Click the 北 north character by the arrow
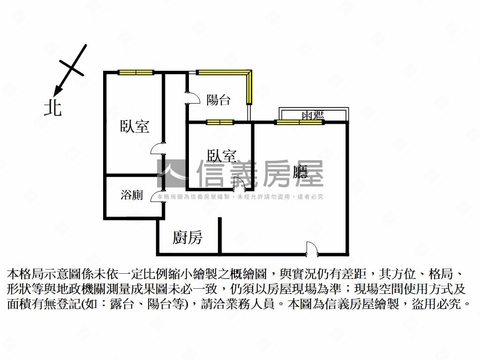pyautogui.click(x=53, y=108)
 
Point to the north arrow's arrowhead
pyautogui.click(x=57, y=90)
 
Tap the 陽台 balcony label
pyautogui.click(x=218, y=100)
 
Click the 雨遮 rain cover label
pyautogui.click(x=313, y=115)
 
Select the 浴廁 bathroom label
pyautogui.click(x=132, y=195)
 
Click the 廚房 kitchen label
pyautogui.click(x=187, y=237)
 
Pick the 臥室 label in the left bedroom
pyautogui.click(x=135, y=126)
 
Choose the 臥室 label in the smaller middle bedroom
pyautogui.click(x=222, y=156)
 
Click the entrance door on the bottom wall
pyautogui.click(x=312, y=248)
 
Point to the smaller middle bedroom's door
pyautogui.click(x=240, y=184)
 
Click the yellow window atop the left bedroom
pyautogui.click(x=136, y=73)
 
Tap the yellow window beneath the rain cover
pyautogui.click(x=299, y=122)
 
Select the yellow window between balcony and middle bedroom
pyautogui.click(x=220, y=122)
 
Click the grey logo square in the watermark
pyautogui.click(x=171, y=173)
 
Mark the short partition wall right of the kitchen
pyautogui.click(x=219, y=235)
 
